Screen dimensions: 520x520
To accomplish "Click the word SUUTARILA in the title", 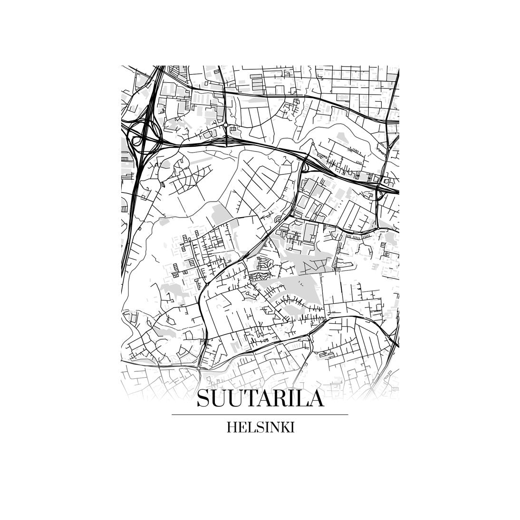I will tap(260, 398).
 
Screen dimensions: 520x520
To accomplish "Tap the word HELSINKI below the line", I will tap(260, 427).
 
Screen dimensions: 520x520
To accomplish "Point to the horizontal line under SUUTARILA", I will tap(260, 415).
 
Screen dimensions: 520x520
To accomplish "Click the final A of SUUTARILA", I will tap(316, 398).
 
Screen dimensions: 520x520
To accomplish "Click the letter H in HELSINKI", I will tap(231, 427).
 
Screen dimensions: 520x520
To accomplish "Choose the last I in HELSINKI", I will tap(291, 427).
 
